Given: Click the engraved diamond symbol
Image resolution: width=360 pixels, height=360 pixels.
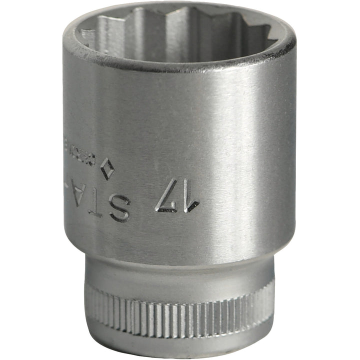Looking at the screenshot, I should [x=107, y=169].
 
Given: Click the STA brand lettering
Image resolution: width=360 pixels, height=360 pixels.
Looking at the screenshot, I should [x=98, y=202].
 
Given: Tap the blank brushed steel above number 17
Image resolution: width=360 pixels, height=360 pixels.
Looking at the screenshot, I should [x=175, y=130].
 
